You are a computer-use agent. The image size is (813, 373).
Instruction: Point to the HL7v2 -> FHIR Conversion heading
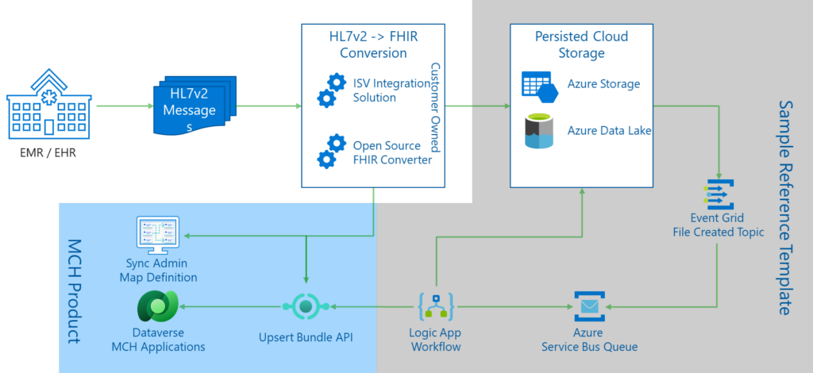pos(373,45)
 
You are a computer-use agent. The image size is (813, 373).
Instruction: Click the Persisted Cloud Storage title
pos(581,45)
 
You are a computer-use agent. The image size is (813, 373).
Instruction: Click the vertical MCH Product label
pos(74,290)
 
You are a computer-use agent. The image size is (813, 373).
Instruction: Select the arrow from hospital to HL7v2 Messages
pos(123,105)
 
